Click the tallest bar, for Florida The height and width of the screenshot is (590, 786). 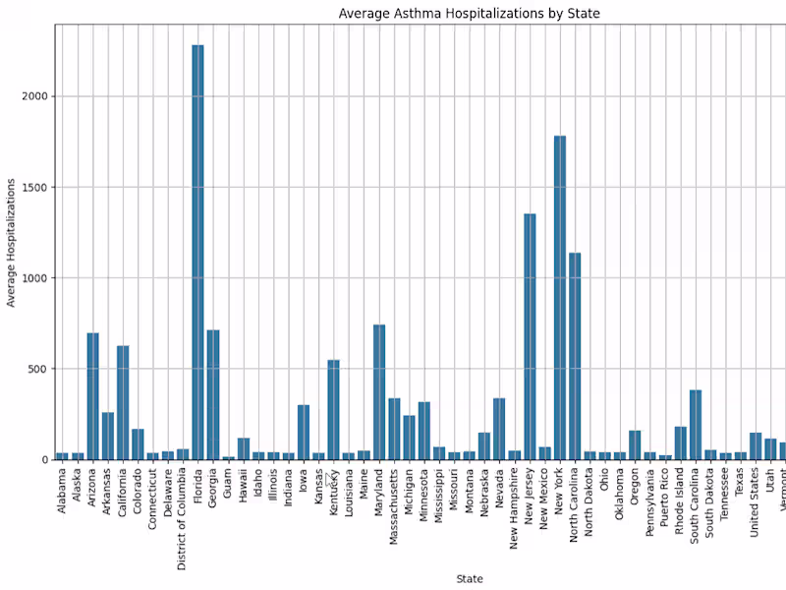click(197, 252)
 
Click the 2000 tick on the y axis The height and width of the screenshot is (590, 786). click(34, 96)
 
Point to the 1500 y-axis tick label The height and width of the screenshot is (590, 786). click(34, 187)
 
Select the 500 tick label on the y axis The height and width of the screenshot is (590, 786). click(37, 369)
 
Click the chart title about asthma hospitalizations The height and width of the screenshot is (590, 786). click(469, 14)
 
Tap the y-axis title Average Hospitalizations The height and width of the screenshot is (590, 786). click(12, 242)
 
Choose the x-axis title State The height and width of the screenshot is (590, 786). click(469, 579)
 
